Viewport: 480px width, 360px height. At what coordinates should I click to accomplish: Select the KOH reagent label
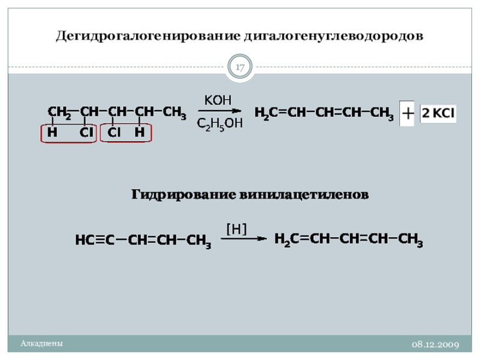coord(218,100)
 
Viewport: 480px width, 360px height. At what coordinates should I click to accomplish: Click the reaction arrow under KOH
coord(220,110)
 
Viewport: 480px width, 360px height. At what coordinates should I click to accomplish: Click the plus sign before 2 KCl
coord(407,113)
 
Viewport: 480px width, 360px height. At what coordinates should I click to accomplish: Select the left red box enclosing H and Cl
coord(67,133)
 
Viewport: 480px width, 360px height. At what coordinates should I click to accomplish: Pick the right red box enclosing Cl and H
coord(127,133)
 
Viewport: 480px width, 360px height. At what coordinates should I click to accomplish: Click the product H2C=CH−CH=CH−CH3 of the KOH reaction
coord(324,113)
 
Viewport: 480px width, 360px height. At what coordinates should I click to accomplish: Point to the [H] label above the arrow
coord(236,228)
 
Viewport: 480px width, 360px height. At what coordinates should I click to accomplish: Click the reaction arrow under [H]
coord(243,238)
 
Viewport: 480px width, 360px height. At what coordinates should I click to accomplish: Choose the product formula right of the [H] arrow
coord(349,240)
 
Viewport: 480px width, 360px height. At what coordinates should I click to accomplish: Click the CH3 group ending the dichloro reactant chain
coord(174,112)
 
